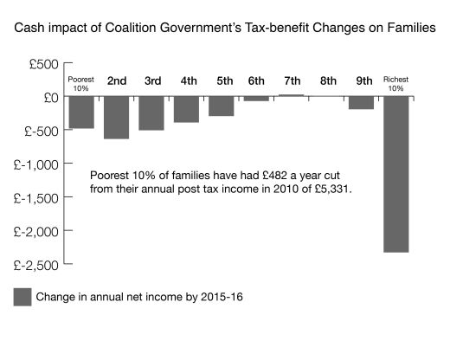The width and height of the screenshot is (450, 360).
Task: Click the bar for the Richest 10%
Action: (x=396, y=174)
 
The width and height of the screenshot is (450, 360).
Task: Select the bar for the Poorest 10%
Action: (x=81, y=112)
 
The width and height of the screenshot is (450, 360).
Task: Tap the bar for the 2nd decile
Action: (x=117, y=118)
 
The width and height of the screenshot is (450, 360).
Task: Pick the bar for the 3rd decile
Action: (x=151, y=113)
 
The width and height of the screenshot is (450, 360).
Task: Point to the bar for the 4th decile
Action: (x=186, y=109)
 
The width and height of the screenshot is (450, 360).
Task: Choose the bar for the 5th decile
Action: (x=222, y=106)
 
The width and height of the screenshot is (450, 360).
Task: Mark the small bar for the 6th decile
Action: (x=256, y=99)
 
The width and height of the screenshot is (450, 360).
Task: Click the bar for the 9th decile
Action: (x=361, y=103)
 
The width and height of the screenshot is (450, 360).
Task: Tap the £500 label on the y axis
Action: (x=44, y=64)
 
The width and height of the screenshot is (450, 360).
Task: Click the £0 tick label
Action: (x=51, y=98)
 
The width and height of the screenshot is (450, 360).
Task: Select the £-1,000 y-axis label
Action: (x=36, y=165)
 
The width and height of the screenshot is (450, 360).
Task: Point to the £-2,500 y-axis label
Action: (x=36, y=266)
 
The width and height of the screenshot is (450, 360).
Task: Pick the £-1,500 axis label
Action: (x=36, y=198)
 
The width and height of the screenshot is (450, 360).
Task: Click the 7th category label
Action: (x=292, y=80)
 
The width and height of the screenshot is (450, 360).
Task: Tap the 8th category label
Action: (x=328, y=80)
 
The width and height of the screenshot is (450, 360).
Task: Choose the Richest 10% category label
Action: (x=395, y=84)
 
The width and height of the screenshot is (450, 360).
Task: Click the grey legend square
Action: (x=22, y=297)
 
